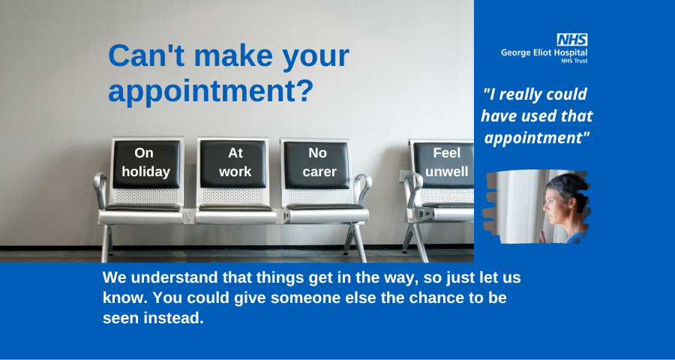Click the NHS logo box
point(572,40)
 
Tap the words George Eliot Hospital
point(544,52)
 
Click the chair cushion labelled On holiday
point(146,164)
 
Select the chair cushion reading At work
point(233,163)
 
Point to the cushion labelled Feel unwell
point(444,165)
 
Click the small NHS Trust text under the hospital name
point(574,61)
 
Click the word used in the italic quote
point(537,115)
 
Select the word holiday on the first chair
point(146,172)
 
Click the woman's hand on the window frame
point(543,236)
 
